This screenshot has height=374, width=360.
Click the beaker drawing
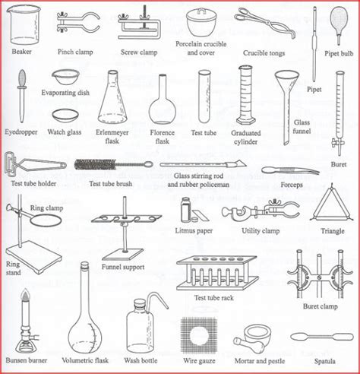pos(24,24)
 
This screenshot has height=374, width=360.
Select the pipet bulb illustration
pos(339,24)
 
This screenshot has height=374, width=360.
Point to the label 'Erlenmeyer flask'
pos(112,136)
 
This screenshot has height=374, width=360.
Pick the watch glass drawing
pos(65,116)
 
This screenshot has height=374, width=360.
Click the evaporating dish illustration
pos(66,77)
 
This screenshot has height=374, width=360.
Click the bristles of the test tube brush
pos(95,164)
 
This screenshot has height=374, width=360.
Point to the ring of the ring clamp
pos(46,220)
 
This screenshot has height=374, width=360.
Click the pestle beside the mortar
pos(249,345)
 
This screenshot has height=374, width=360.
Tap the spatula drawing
pos(322,337)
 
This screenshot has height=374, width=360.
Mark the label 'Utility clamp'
pos(261,231)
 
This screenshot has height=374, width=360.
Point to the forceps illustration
pos(290,170)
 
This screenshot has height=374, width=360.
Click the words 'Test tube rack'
pos(214,298)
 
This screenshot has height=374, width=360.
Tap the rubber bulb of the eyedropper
pos(22,78)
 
